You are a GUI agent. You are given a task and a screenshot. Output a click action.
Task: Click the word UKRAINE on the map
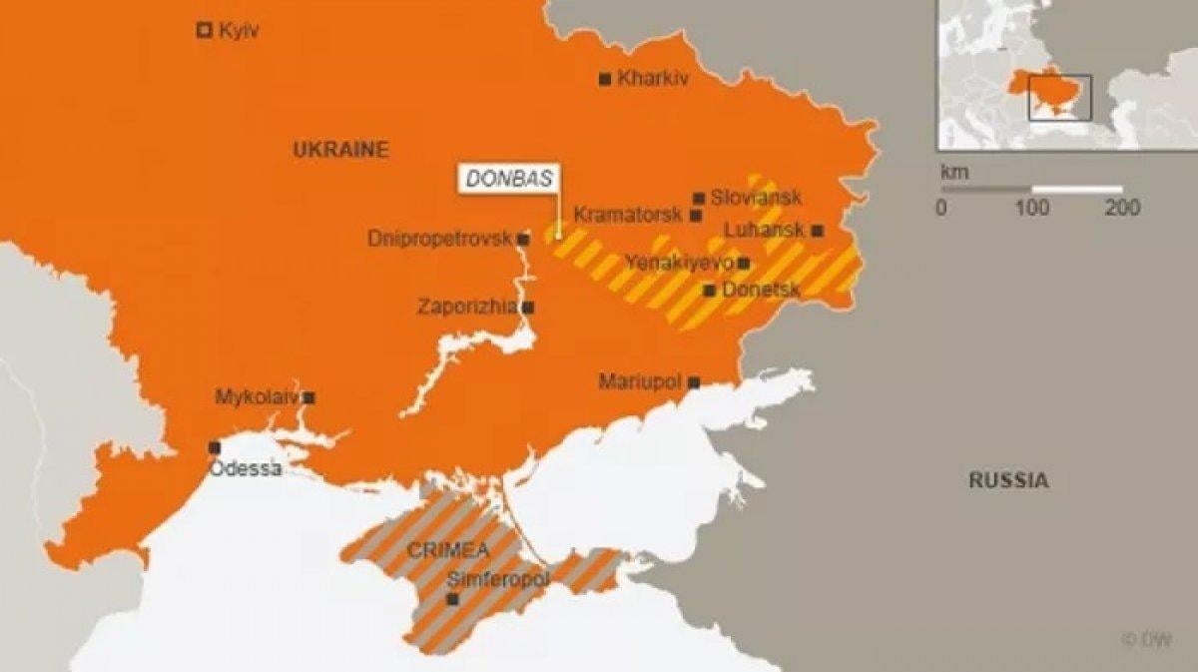pyautogui.click(x=340, y=150)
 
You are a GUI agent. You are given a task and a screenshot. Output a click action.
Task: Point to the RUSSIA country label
pyautogui.click(x=1008, y=480)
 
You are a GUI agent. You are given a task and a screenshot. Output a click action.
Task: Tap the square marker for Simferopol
pyautogui.click(x=452, y=599)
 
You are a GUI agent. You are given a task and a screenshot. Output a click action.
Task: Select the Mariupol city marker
pyautogui.click(x=694, y=381)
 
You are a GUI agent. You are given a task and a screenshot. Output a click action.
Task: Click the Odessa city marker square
pyautogui.click(x=215, y=447)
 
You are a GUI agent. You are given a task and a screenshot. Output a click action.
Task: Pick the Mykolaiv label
pyautogui.click(x=257, y=397)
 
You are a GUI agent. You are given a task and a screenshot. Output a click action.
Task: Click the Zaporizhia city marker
pyautogui.click(x=528, y=308)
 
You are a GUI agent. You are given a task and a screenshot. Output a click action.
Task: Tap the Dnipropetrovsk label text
pyautogui.click(x=439, y=240)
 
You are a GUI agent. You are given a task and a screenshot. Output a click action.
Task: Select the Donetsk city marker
pyautogui.click(x=709, y=291)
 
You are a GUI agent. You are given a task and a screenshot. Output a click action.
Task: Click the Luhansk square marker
pyautogui.click(x=818, y=231)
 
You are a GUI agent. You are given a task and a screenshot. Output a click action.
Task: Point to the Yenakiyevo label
pyautogui.click(x=679, y=263)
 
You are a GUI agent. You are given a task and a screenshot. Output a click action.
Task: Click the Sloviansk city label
pyautogui.click(x=756, y=198)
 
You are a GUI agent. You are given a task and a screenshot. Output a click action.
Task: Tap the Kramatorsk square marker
pyautogui.click(x=696, y=216)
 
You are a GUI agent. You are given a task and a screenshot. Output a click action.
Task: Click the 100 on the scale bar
pyautogui.click(x=1032, y=208)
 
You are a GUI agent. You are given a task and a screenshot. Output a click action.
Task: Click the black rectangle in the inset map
pyautogui.click(x=1060, y=97)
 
